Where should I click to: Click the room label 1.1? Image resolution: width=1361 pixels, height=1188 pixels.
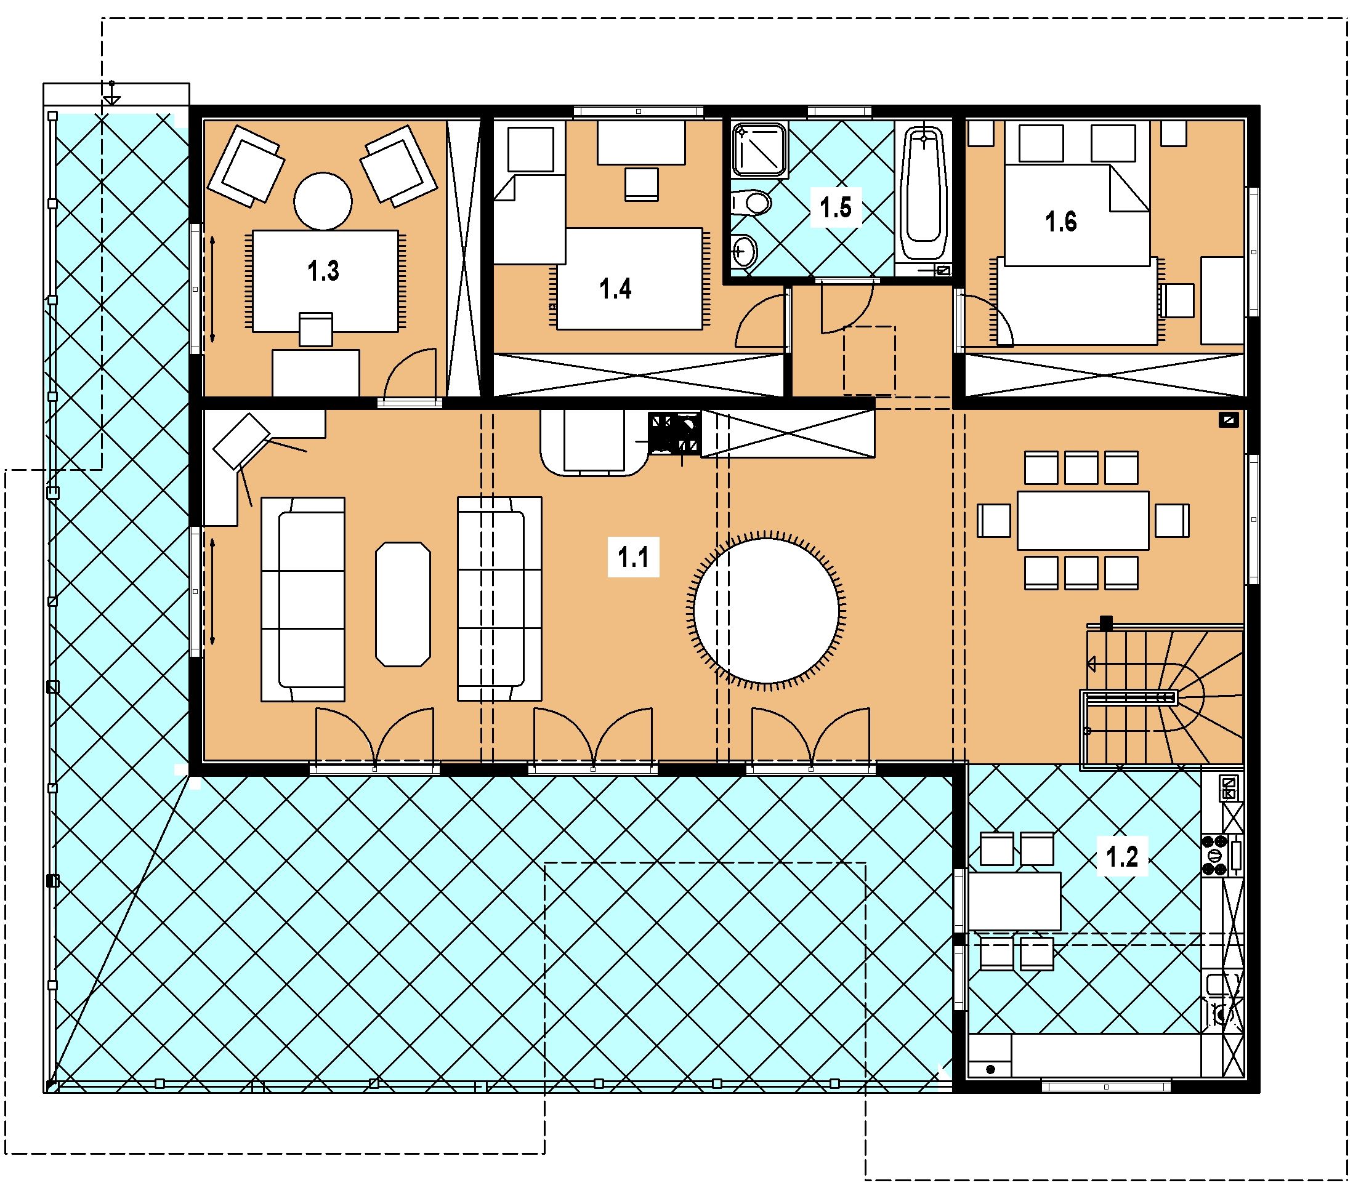click(x=634, y=558)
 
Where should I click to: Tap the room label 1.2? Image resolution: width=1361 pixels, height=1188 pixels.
click(x=1121, y=857)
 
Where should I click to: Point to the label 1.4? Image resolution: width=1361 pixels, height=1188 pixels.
click(x=615, y=289)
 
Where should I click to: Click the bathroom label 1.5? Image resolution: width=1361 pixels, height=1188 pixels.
click(x=836, y=207)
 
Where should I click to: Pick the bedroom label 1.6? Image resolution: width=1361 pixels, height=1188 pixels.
click(x=1061, y=222)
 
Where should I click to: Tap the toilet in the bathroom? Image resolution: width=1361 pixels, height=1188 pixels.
click(x=750, y=202)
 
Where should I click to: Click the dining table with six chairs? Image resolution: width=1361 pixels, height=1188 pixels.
click(x=1083, y=520)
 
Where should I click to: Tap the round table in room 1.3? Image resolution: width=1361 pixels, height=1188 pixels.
click(x=323, y=201)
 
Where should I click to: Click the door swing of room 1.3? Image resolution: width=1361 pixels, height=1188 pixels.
click(x=410, y=375)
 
